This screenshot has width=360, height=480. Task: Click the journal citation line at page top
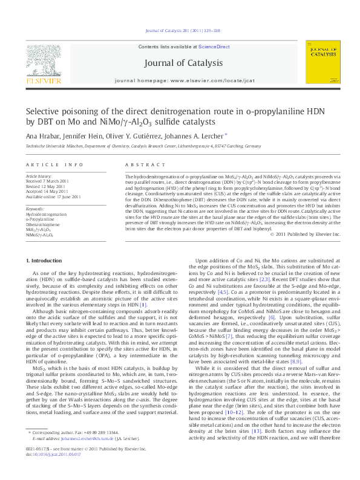tap(180, 31)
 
